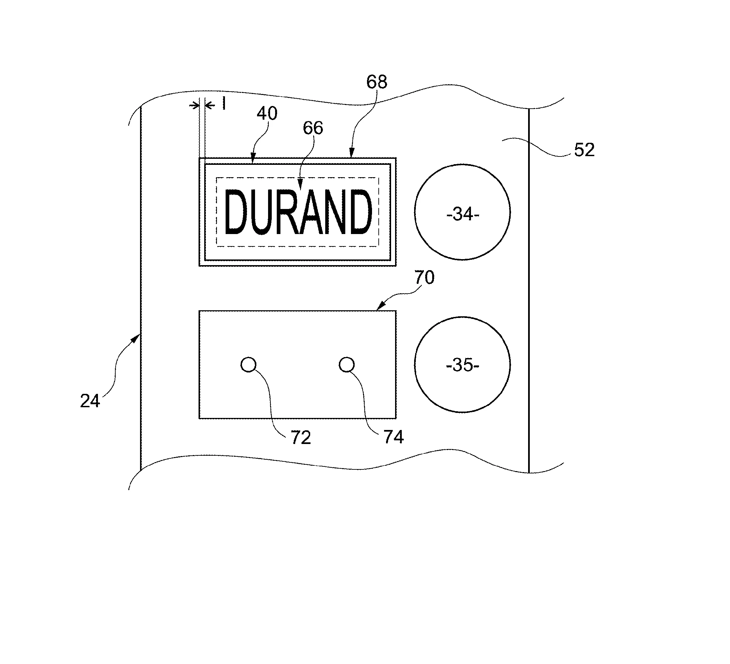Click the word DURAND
point(298,212)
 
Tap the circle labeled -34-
point(462,212)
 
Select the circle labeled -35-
point(462,364)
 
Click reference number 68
point(377,82)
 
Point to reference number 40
point(267,113)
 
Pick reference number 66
point(313,128)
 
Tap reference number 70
point(424,278)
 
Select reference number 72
point(300,438)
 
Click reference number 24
point(90,401)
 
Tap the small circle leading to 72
point(248,364)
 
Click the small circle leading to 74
point(347,364)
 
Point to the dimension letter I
point(224,104)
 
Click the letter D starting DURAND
point(236,212)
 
